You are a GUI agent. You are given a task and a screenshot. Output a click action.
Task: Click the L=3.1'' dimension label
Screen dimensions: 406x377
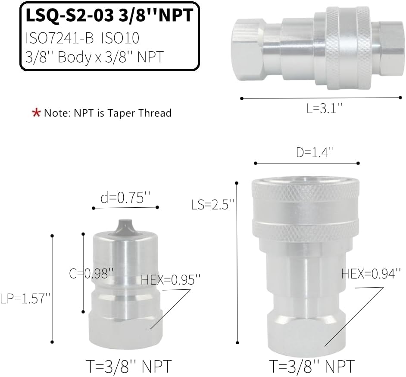pos(325,108)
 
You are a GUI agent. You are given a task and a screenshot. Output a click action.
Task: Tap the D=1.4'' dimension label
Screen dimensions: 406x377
pos(315,152)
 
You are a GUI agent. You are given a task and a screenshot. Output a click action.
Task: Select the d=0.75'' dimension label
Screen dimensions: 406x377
pos(125,198)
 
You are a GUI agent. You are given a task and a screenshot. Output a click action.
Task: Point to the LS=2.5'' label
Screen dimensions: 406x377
pos(212,205)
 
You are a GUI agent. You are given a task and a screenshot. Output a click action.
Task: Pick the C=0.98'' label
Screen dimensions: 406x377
pos(91,273)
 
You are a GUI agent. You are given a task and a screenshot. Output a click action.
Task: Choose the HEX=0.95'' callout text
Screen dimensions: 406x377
pos(171,280)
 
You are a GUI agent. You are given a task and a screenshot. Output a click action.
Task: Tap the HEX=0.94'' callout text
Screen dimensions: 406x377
pos(371,273)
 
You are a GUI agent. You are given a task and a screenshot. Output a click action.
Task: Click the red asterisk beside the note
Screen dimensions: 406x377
pos(36,113)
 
